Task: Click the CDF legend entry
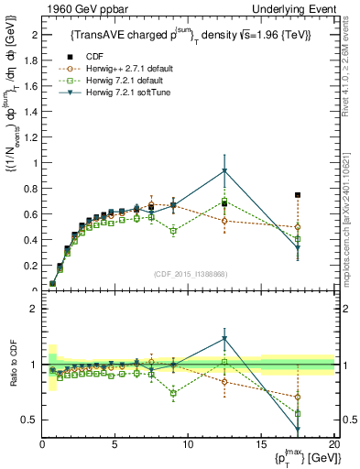tap(91, 58)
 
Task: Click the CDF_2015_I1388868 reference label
tap(190, 274)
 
